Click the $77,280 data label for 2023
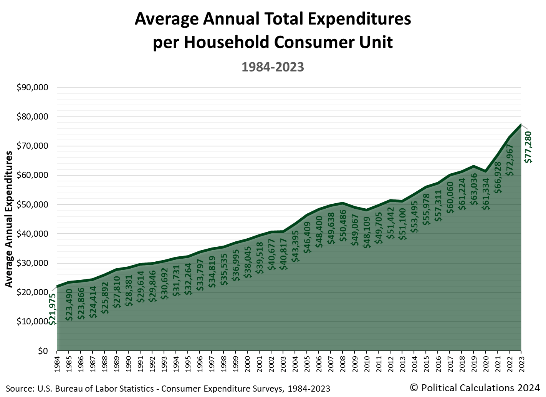(x=528, y=147)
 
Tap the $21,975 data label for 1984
(x=53, y=309)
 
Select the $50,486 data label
(x=343, y=226)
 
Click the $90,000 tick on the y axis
(x=32, y=88)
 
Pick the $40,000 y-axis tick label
(x=32, y=234)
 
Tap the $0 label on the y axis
(x=42, y=351)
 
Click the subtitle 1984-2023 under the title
(x=273, y=67)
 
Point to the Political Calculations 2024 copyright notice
(x=475, y=387)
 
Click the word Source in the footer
(x=18, y=389)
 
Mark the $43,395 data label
(x=295, y=246)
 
